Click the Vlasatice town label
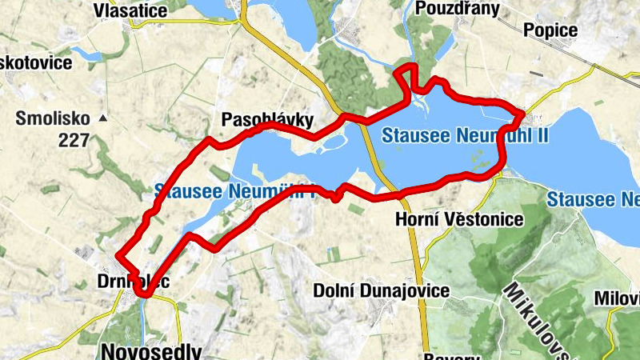(x=130, y=10)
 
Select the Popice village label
(x=550, y=30)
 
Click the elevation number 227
(x=74, y=140)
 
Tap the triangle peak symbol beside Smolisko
(x=103, y=118)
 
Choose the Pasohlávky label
(x=267, y=120)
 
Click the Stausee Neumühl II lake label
(x=464, y=134)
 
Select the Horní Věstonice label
(x=460, y=218)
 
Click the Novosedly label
(x=153, y=351)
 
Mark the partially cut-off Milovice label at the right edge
(x=617, y=298)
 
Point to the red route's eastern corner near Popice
(x=522, y=113)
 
